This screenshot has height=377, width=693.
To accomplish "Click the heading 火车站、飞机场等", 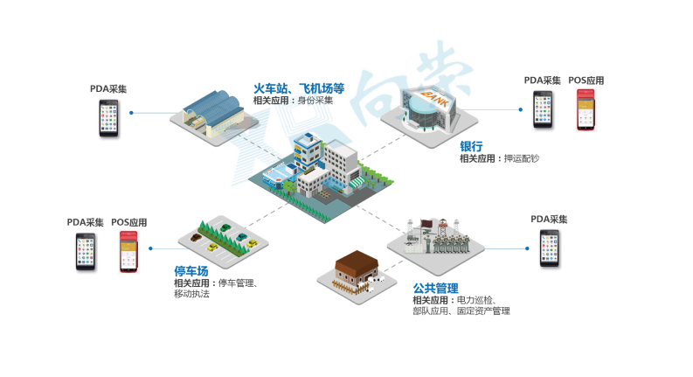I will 299,88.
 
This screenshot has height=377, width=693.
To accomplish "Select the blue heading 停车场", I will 191,271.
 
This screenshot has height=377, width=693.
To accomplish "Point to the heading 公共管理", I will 436,288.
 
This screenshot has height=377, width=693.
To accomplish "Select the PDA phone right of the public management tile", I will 549,249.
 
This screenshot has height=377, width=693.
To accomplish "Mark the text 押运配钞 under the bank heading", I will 523,159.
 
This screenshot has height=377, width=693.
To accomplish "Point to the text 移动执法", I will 191,294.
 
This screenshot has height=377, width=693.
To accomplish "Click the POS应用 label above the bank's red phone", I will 586,81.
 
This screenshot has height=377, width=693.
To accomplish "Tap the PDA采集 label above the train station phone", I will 108,89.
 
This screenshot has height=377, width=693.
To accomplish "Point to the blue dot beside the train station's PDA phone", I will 131,113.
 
